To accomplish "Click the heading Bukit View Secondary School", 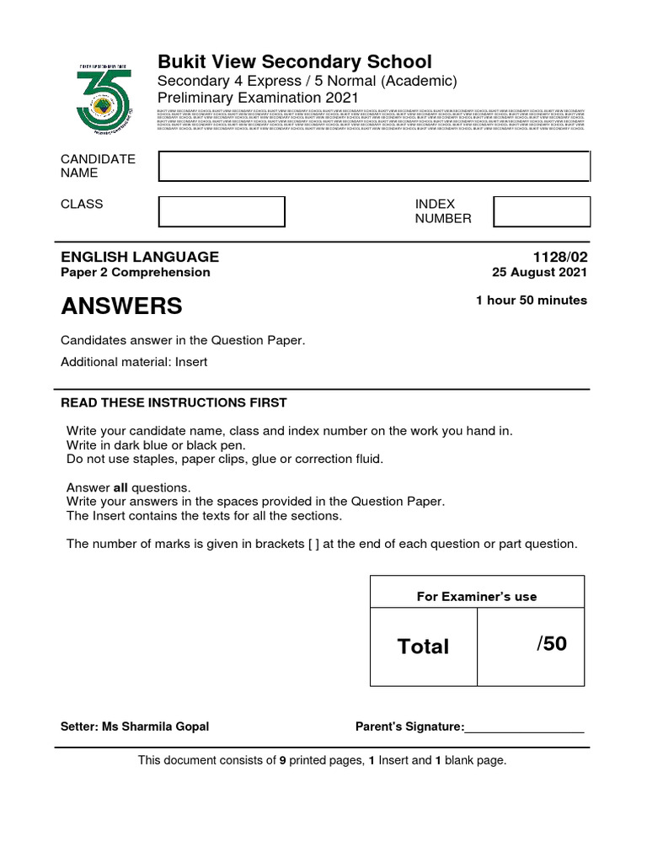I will click(x=295, y=61).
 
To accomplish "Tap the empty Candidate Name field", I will click(x=374, y=167).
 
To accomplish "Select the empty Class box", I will click(x=222, y=211).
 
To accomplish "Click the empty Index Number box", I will click(x=541, y=211).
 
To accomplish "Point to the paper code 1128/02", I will click(x=560, y=257).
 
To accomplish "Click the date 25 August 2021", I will click(x=539, y=273).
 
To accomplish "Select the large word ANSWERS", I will click(x=121, y=306).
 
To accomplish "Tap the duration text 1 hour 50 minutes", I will click(x=531, y=301).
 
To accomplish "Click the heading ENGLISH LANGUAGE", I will click(x=140, y=257).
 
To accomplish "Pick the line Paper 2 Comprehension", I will click(x=136, y=273).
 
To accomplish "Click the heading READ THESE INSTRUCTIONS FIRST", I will click(x=174, y=402).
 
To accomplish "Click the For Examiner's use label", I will click(x=477, y=597).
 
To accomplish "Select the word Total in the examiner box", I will click(x=423, y=646).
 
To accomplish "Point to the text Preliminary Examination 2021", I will click(x=259, y=98).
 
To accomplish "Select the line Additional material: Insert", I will click(x=134, y=362).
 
